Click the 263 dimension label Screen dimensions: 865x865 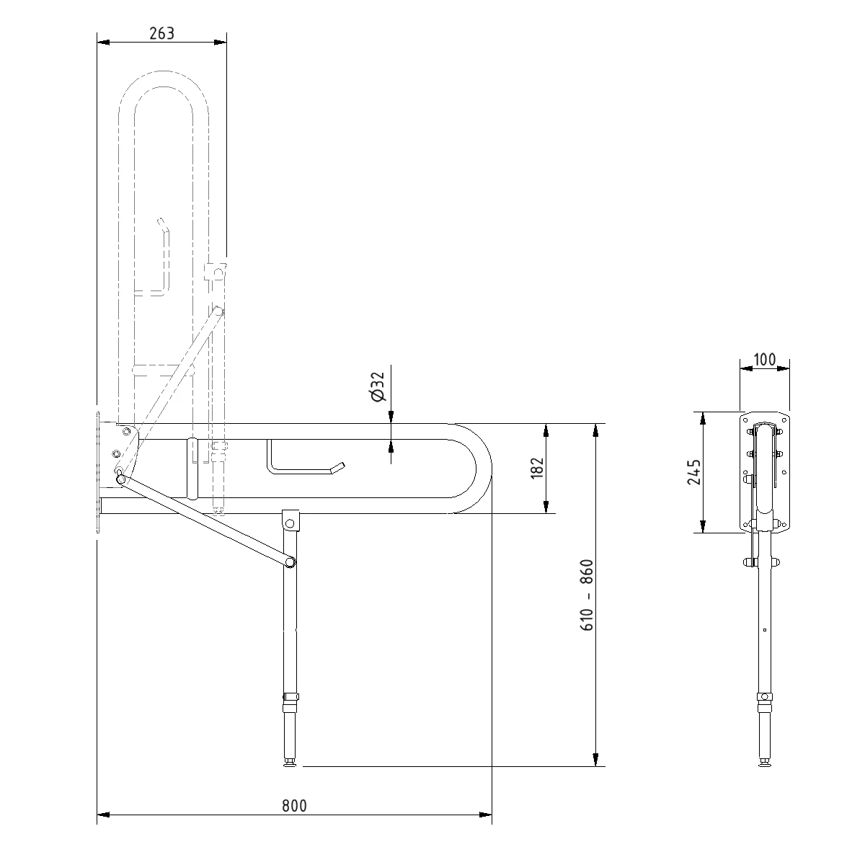[161, 34]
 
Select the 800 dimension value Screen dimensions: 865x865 [294, 806]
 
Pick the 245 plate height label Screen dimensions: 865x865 [693, 472]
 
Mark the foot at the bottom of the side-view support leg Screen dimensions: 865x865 [291, 764]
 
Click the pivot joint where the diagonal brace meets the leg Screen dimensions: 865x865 [290, 562]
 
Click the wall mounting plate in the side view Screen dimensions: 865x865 [97, 472]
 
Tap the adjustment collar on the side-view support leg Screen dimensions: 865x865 [290, 697]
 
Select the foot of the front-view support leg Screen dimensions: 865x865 [763, 761]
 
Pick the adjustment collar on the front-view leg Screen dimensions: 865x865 [763, 697]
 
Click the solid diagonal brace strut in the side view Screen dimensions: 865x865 [205, 520]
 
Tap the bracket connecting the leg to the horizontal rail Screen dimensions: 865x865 [290, 520]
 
